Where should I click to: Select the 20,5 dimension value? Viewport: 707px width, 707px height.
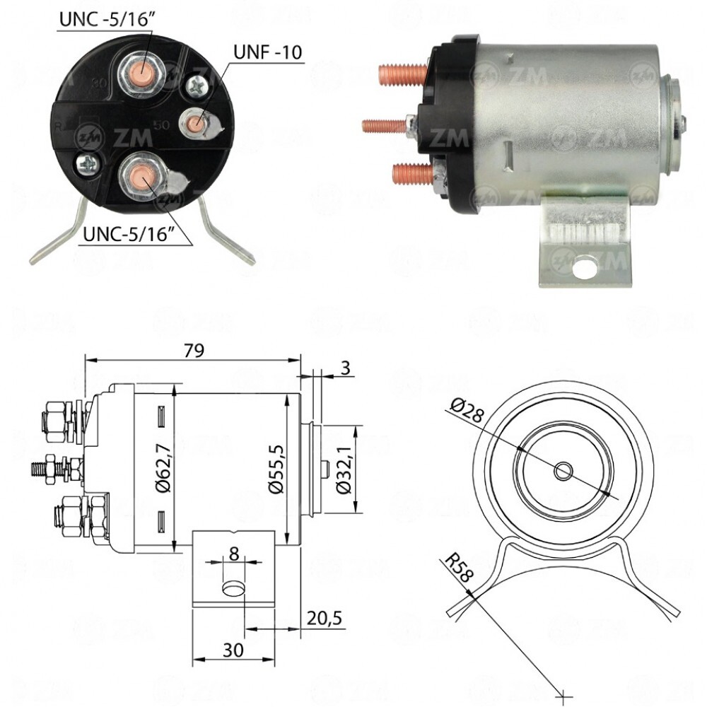tap(325, 618)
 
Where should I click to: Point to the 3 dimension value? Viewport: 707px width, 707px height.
tap(344, 368)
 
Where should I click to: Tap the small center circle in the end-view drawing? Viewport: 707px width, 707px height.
tap(563, 470)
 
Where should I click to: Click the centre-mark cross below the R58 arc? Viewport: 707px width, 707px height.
tap(563, 696)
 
